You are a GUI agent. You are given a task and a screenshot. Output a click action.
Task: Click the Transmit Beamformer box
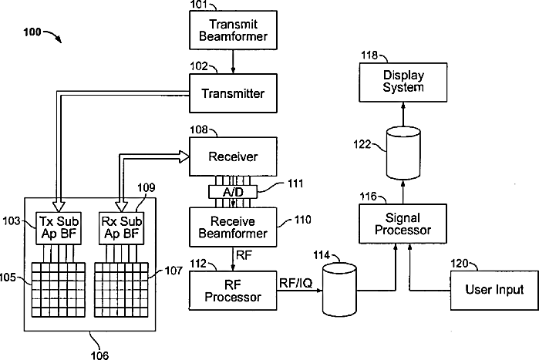[x=233, y=30]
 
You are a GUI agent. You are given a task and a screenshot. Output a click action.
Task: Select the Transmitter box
[x=233, y=93]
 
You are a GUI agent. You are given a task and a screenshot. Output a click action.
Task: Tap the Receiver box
[x=233, y=156]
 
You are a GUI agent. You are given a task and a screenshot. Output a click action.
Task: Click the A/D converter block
[x=233, y=192]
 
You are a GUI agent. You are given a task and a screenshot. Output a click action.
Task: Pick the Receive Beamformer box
[x=233, y=227]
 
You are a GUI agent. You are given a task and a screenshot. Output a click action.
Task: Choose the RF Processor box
[x=233, y=291]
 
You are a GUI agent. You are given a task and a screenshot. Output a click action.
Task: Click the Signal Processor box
[x=403, y=224]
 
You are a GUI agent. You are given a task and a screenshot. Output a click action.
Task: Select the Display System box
[x=403, y=82]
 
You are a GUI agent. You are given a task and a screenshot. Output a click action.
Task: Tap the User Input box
[x=494, y=291]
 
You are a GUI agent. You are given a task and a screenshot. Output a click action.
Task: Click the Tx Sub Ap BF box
[x=59, y=228]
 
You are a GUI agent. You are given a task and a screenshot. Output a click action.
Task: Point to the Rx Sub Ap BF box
[x=121, y=228]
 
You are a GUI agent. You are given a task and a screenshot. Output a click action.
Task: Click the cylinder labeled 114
[x=339, y=290]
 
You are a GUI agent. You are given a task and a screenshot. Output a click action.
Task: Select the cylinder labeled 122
[x=403, y=153]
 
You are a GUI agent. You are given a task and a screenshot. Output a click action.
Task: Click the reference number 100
[x=32, y=32]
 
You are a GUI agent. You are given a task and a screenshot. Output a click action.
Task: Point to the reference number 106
[x=99, y=355]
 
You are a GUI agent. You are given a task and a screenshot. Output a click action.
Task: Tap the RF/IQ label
[x=296, y=283]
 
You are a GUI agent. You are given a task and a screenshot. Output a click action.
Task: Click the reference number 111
[x=295, y=183]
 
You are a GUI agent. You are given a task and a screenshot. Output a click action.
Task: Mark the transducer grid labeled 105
[x=59, y=290]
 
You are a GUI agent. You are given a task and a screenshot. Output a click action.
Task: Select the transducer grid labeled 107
[x=121, y=290]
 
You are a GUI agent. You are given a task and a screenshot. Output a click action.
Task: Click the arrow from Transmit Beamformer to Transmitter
[x=233, y=62]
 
